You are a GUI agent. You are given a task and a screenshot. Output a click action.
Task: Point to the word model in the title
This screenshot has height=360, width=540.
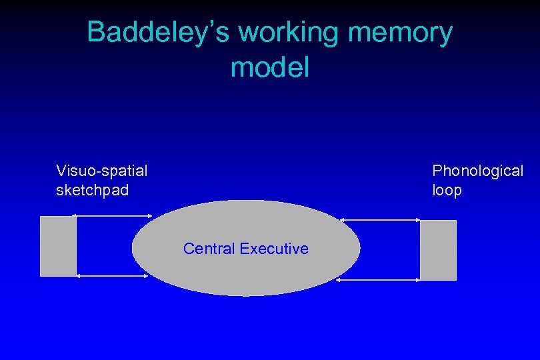270,67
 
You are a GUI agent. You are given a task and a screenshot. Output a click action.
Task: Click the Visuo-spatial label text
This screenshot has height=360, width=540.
102,171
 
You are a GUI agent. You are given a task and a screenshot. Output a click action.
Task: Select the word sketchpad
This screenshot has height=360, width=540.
92,191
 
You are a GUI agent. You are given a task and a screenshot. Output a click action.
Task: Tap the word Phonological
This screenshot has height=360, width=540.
477,171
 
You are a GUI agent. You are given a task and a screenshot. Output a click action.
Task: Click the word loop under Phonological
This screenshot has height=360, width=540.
447,191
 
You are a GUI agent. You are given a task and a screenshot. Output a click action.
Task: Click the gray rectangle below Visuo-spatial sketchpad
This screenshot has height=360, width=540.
58,246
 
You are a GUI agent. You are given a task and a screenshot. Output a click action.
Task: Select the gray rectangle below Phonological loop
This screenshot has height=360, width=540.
438,250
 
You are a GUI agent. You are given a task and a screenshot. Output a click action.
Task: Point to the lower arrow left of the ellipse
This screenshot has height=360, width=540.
113,275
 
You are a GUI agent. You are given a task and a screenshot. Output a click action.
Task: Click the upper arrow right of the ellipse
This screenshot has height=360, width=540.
380,219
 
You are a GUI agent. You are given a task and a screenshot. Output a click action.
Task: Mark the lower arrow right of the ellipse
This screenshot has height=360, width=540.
378,280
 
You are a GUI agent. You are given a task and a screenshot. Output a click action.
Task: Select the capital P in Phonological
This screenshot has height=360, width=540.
437,171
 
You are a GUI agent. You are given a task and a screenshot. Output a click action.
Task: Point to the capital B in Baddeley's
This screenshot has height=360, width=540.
96,33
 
